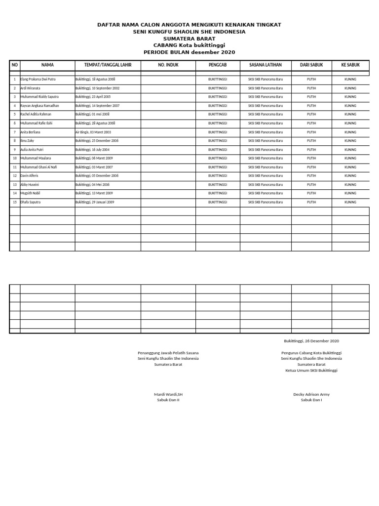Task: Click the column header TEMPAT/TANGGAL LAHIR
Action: (x=108, y=65)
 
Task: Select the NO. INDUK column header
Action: (x=168, y=65)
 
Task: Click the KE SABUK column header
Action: (x=350, y=65)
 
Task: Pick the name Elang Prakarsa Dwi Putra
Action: (x=38, y=79)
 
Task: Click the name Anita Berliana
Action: (x=31, y=132)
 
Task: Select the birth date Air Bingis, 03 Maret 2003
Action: (x=93, y=132)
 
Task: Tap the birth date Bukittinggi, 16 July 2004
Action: (x=92, y=149)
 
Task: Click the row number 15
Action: (x=15, y=202)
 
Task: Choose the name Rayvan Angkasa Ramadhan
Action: (x=39, y=106)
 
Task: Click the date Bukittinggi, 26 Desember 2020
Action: (x=311, y=341)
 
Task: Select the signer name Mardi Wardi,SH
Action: (x=168, y=394)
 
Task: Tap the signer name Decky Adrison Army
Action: (x=311, y=394)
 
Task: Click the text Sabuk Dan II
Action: (x=168, y=400)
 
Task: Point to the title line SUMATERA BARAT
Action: (x=189, y=39)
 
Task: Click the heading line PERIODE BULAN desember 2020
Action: (x=189, y=52)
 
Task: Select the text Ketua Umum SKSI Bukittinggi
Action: (x=311, y=370)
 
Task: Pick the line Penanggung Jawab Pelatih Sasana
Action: (x=168, y=353)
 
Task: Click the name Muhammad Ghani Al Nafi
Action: (x=38, y=167)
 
